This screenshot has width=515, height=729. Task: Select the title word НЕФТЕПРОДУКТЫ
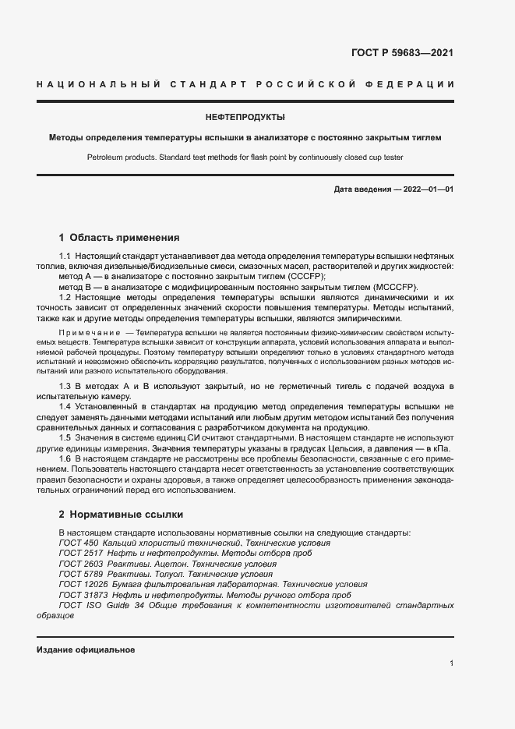(245, 118)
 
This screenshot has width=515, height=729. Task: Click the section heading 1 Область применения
(119, 237)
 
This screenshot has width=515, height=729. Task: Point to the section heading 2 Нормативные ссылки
(121, 515)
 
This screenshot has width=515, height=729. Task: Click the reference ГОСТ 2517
(81, 554)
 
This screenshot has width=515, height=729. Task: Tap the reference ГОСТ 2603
(81, 564)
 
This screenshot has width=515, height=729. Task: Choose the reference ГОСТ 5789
(81, 574)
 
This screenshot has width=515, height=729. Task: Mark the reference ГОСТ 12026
(83, 584)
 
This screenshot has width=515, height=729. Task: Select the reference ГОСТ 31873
(83, 594)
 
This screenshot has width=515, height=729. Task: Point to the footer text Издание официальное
(86, 649)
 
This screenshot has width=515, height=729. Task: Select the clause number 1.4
(65, 407)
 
